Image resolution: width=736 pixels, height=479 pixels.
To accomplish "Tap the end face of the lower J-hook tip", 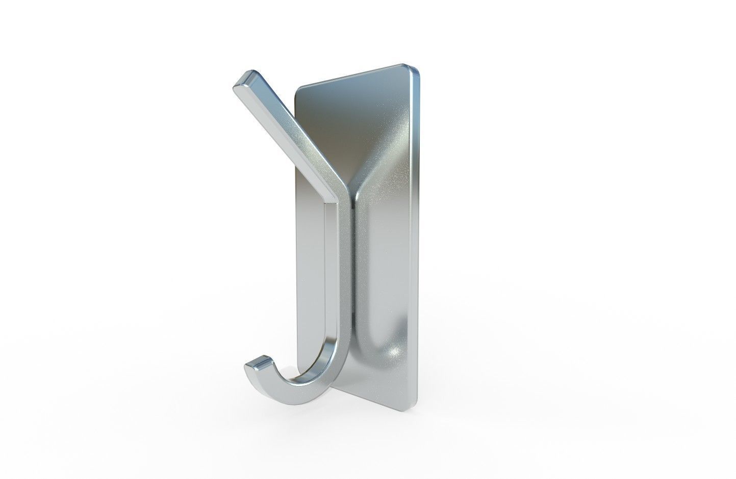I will tap(258, 363).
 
